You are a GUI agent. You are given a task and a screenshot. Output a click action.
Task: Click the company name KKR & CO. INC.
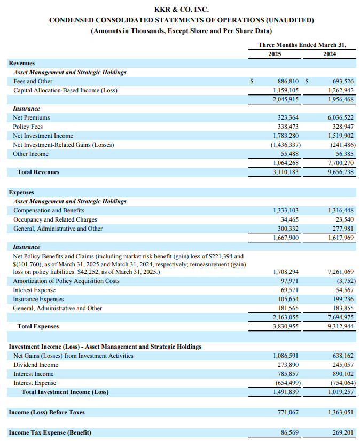pos(181,10)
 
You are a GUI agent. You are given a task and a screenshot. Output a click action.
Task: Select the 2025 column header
pos(275,54)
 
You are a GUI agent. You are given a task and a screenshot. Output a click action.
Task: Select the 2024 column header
pos(330,54)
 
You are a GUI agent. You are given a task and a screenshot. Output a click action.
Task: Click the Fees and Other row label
pos(33,81)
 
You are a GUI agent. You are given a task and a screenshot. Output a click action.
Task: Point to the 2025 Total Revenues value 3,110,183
pos(286,172)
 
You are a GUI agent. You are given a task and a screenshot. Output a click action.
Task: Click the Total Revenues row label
pos(38,172)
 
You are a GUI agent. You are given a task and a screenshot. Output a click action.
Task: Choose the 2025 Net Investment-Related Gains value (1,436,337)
pos(285,145)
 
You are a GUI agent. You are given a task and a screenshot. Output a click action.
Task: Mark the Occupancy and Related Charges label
pos(55,219)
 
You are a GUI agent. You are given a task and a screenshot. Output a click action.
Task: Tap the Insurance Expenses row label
pos(38,299)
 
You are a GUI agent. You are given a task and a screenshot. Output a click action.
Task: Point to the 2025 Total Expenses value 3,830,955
pos(286,326)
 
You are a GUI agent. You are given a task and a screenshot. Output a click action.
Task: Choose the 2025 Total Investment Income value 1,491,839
pos(286,392)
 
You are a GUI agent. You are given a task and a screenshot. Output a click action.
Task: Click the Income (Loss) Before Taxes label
pos(47,412)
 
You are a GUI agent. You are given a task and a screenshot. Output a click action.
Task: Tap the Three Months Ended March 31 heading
pos(302,45)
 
